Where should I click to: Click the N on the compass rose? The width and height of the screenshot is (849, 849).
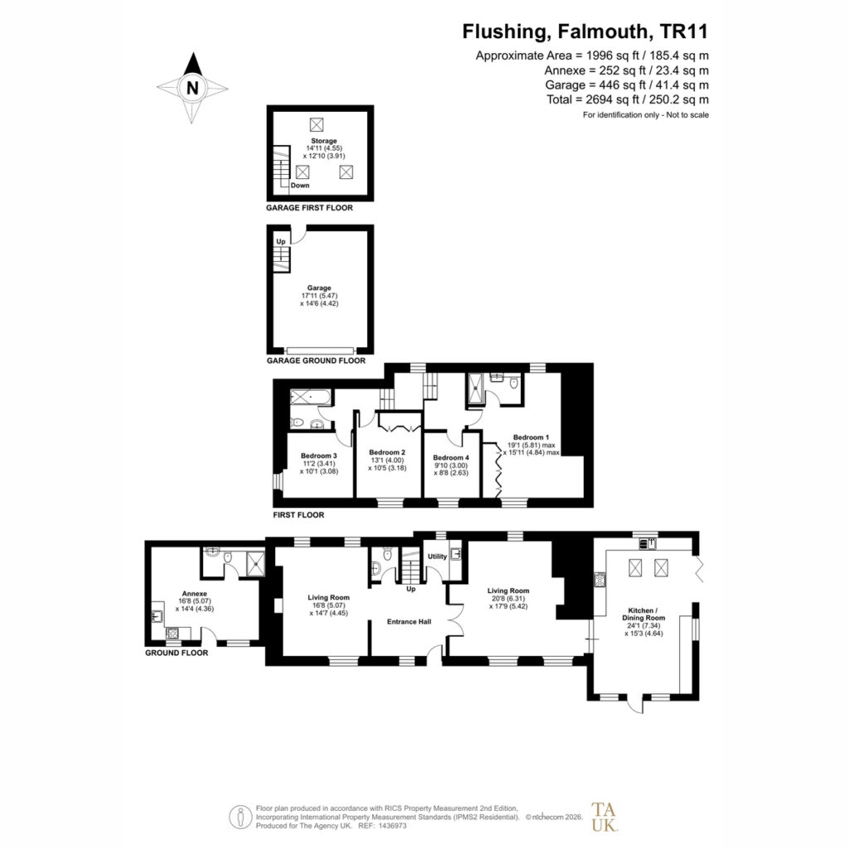192,88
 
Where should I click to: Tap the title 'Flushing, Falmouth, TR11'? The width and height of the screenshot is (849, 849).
585,32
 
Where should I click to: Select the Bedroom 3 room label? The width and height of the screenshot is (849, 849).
319,456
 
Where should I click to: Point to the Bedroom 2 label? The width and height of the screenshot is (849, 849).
387,452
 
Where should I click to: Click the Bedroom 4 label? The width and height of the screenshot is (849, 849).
451,458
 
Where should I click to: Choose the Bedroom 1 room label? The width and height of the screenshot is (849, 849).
531,437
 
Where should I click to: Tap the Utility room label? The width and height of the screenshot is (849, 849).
438,556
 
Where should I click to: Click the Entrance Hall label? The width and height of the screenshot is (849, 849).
409,622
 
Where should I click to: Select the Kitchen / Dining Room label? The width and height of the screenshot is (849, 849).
643,614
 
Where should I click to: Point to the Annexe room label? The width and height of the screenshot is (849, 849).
194,594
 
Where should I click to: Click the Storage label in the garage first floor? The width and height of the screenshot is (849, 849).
324,141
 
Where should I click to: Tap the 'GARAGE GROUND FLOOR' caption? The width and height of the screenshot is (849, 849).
316,361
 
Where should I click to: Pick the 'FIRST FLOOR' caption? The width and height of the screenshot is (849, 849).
298,515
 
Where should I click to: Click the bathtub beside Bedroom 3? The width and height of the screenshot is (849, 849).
309,397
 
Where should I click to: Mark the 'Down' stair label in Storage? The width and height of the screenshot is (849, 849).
300,185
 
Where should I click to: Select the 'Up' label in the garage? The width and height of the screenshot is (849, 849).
280,241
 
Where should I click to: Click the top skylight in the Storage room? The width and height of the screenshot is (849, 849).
316,124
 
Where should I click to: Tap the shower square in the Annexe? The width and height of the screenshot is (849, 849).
255,563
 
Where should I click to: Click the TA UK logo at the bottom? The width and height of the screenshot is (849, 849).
604,817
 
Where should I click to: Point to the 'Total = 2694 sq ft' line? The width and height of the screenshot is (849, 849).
628,99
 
